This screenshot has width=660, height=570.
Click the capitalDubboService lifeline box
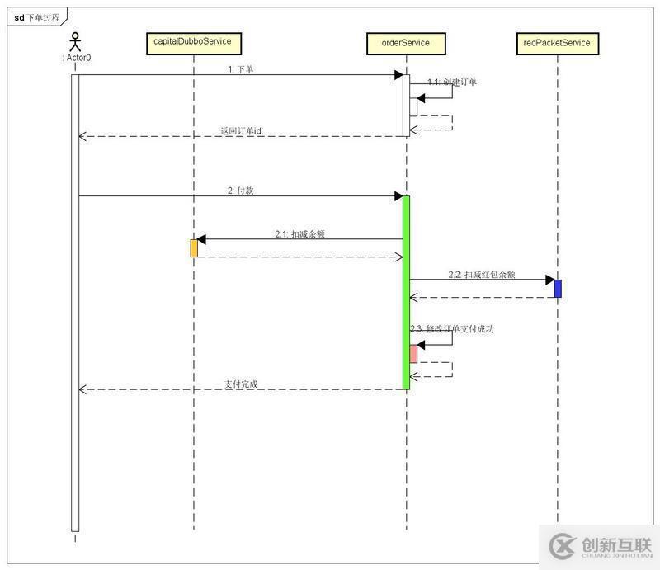[x=193, y=43]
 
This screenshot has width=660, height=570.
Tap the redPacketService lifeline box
[x=558, y=43]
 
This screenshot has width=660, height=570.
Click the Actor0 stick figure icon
[x=75, y=42]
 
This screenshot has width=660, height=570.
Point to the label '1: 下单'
[x=240, y=69]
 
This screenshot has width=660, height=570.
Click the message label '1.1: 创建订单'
[x=451, y=82]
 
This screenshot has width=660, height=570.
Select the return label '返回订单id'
[x=241, y=130]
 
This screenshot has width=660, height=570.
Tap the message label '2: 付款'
[x=240, y=190]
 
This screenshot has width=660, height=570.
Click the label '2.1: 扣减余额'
[x=299, y=233]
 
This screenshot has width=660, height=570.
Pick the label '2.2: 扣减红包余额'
[x=482, y=275]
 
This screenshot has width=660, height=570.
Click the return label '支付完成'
[x=241, y=384]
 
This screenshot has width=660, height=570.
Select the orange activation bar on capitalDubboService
[x=194, y=247]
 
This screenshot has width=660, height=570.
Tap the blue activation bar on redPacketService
[x=558, y=288]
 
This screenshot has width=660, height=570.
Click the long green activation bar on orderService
[x=406, y=293]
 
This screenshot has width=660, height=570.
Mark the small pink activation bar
[x=413, y=354]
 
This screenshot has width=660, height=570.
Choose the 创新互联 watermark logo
[x=600, y=546]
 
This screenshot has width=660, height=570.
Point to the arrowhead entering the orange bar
[x=201, y=240]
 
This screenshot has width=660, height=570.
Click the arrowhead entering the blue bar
[x=549, y=280]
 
